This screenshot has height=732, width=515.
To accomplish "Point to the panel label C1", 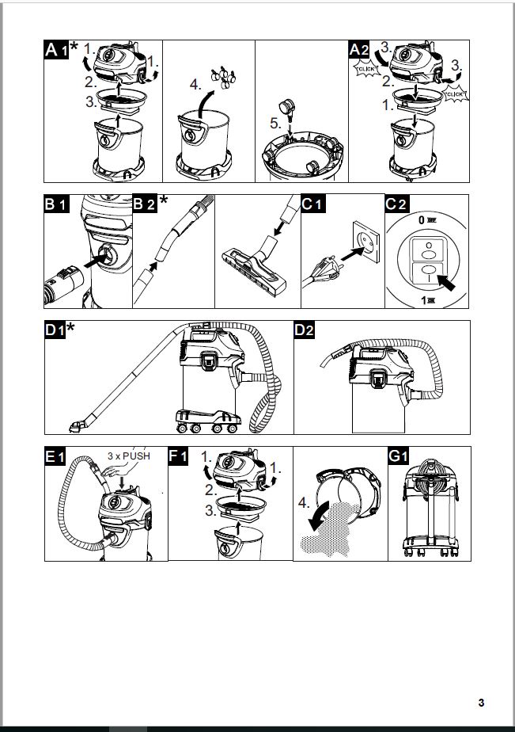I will tap(313, 204).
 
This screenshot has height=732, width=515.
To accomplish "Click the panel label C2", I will tap(397, 204).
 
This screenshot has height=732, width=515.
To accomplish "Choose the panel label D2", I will tap(305, 330).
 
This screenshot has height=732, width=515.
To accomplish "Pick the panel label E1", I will tap(56, 456).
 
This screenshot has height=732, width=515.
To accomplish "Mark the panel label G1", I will tap(397, 456).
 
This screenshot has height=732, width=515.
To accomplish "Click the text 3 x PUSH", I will tap(129, 457).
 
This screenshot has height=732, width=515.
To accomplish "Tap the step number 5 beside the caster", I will tap(276, 124).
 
